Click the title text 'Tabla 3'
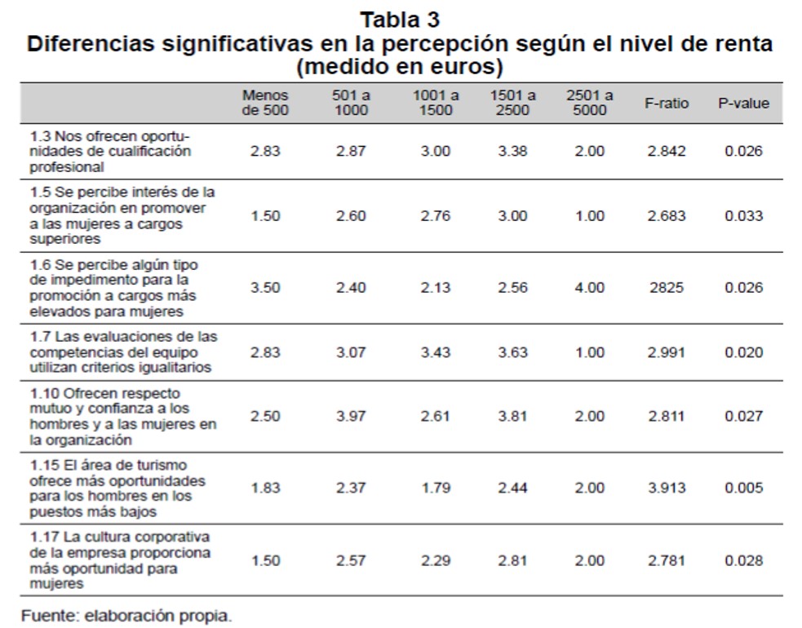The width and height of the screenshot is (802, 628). click(x=400, y=18)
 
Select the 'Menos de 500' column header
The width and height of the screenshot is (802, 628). click(x=265, y=103)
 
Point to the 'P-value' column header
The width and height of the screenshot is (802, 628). click(x=743, y=104)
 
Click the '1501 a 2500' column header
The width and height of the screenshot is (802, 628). click(x=512, y=103)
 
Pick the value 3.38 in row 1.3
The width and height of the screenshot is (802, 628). click(x=512, y=152)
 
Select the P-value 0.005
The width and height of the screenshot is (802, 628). click(x=743, y=488)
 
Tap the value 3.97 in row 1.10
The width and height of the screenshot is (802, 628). click(x=351, y=416)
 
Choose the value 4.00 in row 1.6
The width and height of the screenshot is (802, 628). click(x=589, y=287)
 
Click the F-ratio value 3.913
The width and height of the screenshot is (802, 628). click(x=667, y=488)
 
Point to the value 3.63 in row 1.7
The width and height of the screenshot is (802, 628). click(x=512, y=352)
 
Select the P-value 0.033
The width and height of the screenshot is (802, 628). click(x=743, y=216)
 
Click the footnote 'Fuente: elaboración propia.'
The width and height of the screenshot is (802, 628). click(x=126, y=616)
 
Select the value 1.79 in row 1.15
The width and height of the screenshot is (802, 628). click(x=436, y=488)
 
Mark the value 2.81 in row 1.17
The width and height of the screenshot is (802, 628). click(x=512, y=560)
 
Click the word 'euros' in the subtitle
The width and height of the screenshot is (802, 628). click(x=457, y=65)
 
